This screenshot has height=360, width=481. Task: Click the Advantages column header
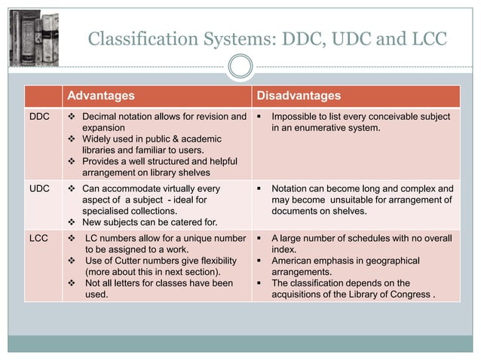101,96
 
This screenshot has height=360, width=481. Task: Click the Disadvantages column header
299,96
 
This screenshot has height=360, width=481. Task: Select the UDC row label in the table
39,188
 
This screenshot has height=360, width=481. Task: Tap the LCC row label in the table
39,238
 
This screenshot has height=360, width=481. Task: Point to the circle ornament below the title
240,67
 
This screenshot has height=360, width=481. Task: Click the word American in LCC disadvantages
299,261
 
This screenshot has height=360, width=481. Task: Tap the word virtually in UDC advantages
176,188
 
